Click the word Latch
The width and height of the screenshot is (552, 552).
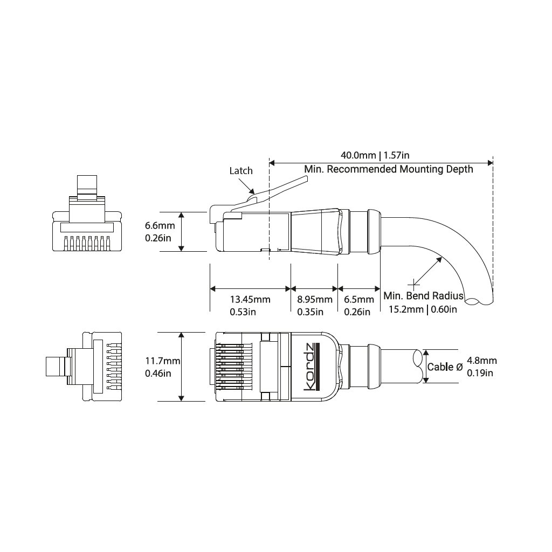click(x=241, y=171)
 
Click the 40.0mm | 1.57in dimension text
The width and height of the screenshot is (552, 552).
click(x=375, y=155)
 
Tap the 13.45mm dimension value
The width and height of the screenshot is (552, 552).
click(x=250, y=300)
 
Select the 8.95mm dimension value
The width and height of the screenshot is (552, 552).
click(x=315, y=300)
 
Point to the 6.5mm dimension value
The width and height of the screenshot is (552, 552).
click(x=358, y=300)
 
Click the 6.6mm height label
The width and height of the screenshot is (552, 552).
click(x=160, y=225)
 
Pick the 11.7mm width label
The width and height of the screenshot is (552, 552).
click(x=163, y=361)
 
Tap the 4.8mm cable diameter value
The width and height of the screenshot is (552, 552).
click(x=482, y=361)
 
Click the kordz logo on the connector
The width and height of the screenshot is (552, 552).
click(x=310, y=367)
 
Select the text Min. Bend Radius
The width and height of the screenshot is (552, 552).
click(x=423, y=296)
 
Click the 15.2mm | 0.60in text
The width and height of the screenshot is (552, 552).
click(x=423, y=309)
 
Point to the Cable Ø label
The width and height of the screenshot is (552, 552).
click(x=445, y=367)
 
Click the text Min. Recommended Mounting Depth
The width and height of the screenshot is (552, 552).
click(x=389, y=169)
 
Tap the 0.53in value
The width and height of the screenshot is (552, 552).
click(x=243, y=312)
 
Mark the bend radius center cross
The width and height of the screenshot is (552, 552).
click(x=413, y=284)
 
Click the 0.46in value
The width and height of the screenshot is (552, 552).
click(x=158, y=373)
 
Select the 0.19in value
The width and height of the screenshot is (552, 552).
click(x=480, y=373)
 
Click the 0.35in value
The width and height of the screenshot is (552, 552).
click(x=310, y=312)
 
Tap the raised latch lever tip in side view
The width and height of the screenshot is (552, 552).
click(x=306, y=180)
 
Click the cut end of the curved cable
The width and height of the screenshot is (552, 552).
click(x=479, y=301)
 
